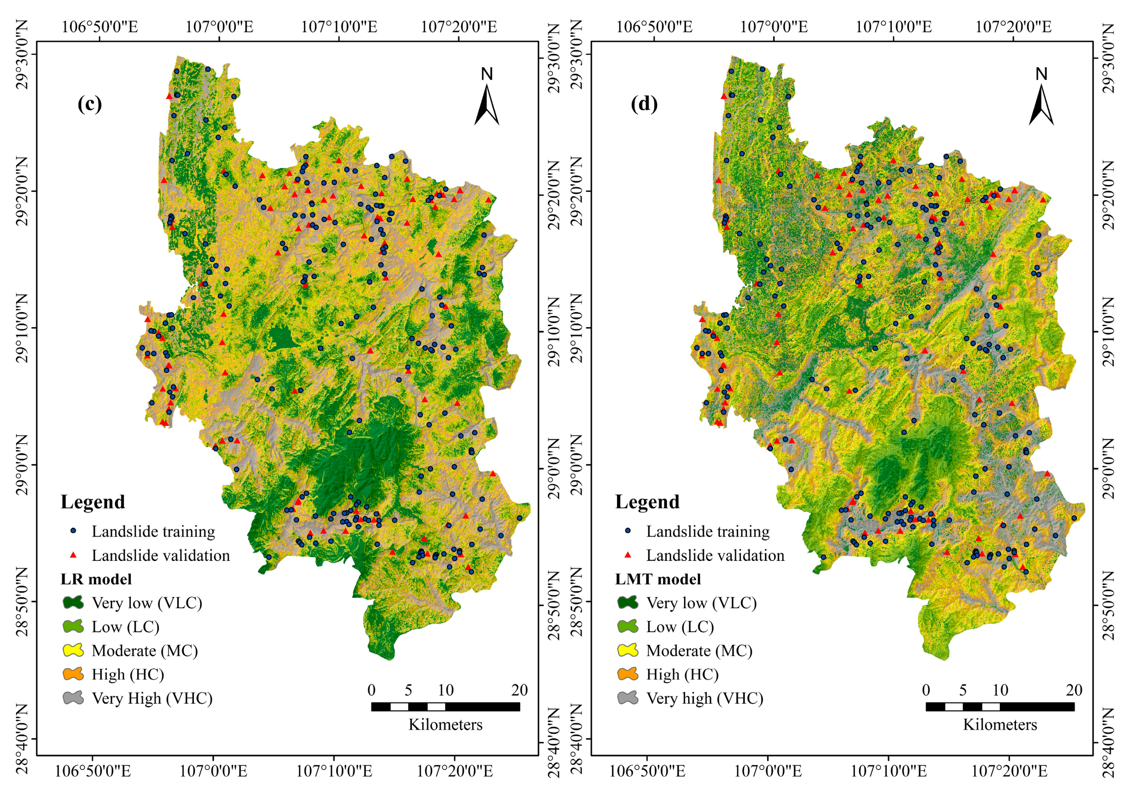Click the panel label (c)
[x=89, y=104]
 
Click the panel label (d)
[x=644, y=104]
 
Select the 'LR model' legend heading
[x=96, y=579]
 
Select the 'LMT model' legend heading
[x=658, y=579]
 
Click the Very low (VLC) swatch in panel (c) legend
[x=73, y=602]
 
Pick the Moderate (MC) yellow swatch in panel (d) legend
[x=628, y=650]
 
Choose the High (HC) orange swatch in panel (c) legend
[x=73, y=674]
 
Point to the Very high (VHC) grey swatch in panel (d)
[x=628, y=698]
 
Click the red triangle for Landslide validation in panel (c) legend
[x=73, y=555]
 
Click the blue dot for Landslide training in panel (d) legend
[x=628, y=531]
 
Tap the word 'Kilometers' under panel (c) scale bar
[x=445, y=724]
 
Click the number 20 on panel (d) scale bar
[x=1074, y=690]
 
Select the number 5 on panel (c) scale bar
[x=408, y=690]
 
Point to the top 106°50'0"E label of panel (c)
[x=100, y=26]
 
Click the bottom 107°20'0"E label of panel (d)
[x=1009, y=771]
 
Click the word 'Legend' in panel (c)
[x=93, y=502]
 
